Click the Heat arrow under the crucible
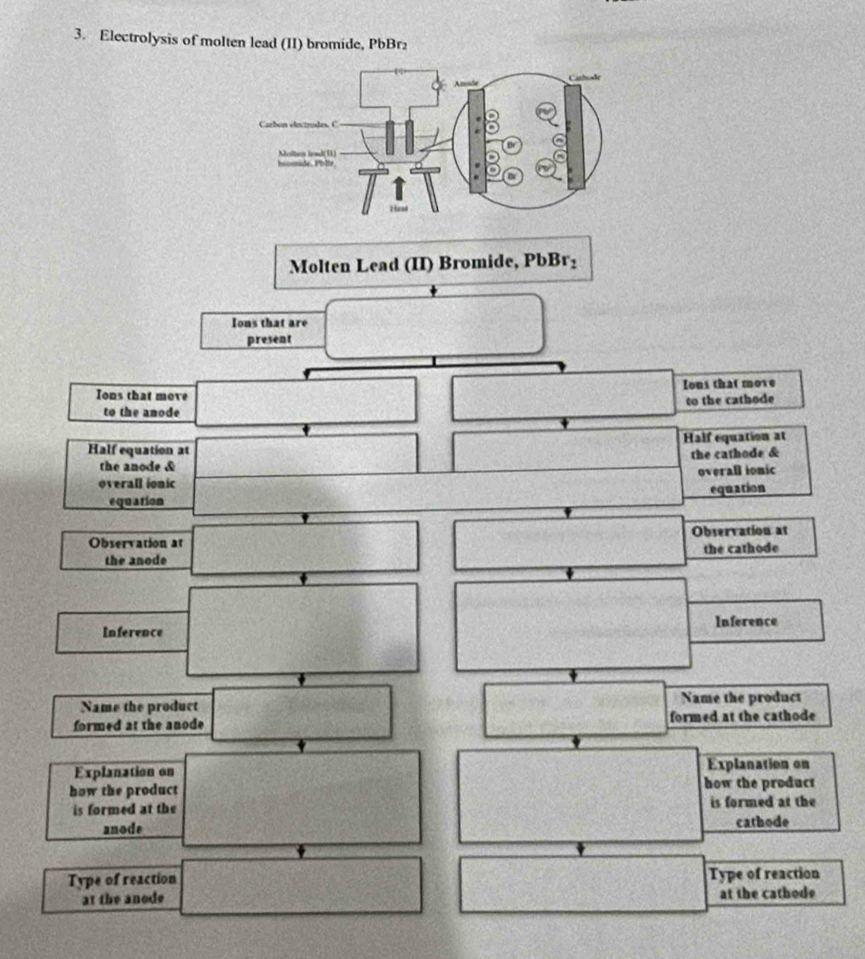tap(397, 187)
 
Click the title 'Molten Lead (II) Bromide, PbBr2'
tap(435, 262)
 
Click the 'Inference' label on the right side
tap(746, 621)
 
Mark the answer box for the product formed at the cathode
tap(575, 708)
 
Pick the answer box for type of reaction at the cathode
tap(584, 884)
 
